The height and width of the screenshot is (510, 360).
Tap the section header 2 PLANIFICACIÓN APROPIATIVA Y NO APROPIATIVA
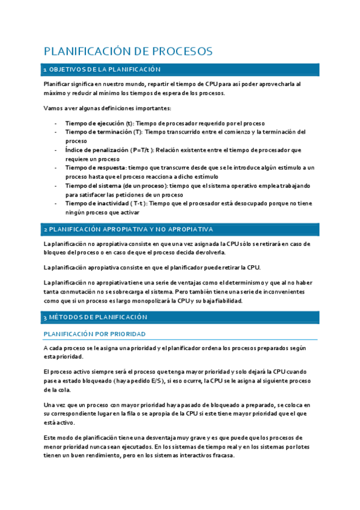[127, 229]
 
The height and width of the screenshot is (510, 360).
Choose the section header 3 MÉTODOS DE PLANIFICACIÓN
[95, 316]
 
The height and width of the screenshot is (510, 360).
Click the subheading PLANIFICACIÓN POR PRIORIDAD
[95, 334]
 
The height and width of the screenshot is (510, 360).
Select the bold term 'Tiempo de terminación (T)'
[104, 132]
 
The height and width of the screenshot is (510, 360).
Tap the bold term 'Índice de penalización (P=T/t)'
[110, 149]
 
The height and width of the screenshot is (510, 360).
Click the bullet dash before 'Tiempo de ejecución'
[56, 123]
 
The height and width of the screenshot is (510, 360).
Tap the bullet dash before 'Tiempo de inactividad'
[56, 203]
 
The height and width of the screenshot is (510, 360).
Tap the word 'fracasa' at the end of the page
[222, 455]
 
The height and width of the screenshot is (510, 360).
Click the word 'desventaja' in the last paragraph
[168, 437]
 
